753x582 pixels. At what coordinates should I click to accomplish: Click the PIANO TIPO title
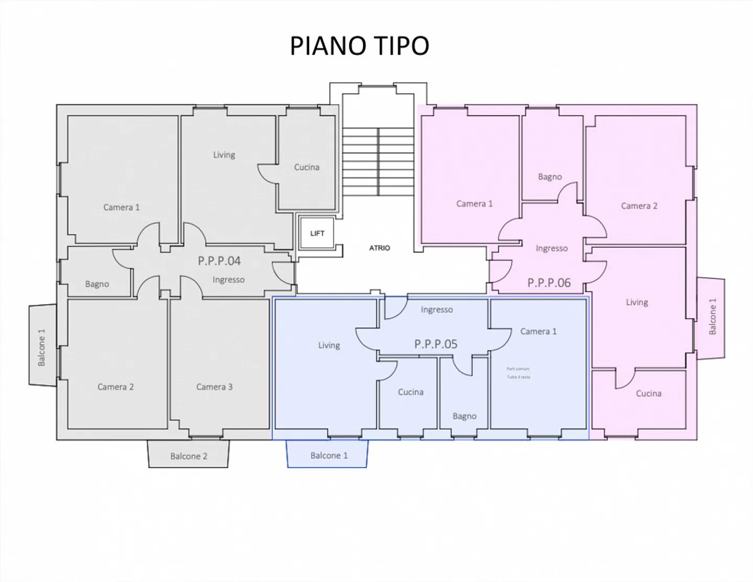[359, 46]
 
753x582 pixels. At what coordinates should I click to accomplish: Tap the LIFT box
[317, 233]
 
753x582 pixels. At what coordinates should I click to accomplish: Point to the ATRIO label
[379, 248]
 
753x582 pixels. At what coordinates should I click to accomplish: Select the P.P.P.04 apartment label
[219, 261]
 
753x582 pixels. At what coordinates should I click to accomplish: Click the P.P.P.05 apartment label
[436, 344]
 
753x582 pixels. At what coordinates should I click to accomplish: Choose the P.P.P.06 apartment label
[549, 283]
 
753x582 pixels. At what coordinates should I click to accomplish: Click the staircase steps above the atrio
[378, 161]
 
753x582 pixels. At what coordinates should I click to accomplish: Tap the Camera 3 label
[214, 387]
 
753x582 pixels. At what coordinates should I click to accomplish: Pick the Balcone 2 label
[188, 456]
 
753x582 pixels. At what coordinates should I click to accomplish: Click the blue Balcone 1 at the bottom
[328, 455]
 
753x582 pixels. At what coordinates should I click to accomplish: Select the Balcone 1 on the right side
[712, 317]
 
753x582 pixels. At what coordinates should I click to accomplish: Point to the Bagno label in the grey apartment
[97, 284]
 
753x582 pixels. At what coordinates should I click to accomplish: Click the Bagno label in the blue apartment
[464, 416]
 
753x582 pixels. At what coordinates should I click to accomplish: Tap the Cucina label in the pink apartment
[648, 394]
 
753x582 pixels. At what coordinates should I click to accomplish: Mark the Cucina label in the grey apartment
[306, 167]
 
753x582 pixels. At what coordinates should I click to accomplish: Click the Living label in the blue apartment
[329, 345]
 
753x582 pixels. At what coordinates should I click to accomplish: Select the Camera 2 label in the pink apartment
[639, 206]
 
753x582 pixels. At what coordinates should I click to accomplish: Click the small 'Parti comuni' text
[518, 369]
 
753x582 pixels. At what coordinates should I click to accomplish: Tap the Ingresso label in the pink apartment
[551, 248]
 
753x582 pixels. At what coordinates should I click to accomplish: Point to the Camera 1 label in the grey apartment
[121, 207]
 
